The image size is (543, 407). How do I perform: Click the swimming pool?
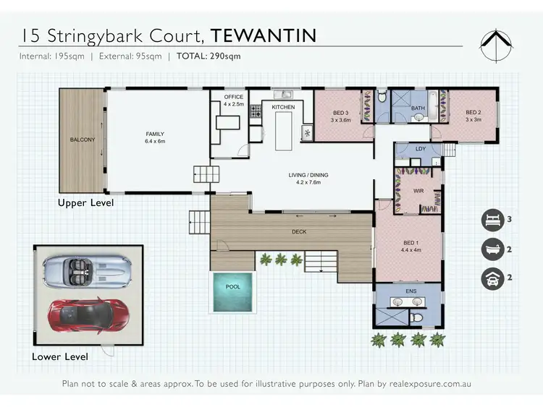pyautogui.click(x=232, y=292)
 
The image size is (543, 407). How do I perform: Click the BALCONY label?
pyautogui.click(x=82, y=140)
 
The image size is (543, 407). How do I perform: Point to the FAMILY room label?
pyautogui.click(x=155, y=134)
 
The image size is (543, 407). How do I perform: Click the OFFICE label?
pyautogui.click(x=234, y=97)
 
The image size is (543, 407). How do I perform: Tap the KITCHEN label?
pyautogui.click(x=283, y=107)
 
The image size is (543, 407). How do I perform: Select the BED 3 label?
pyautogui.click(x=341, y=113)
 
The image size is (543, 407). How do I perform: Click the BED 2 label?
pyautogui.click(x=473, y=112)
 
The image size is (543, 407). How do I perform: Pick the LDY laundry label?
pyautogui.click(x=421, y=149)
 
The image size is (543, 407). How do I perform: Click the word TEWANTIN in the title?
pyautogui.click(x=264, y=34)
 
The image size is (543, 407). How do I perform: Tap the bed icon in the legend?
pyautogui.click(x=494, y=219)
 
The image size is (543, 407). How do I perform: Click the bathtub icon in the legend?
pyautogui.click(x=494, y=249)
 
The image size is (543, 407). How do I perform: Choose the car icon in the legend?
pyautogui.click(x=494, y=278)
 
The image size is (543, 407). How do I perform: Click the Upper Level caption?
pyautogui.click(x=85, y=203)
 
